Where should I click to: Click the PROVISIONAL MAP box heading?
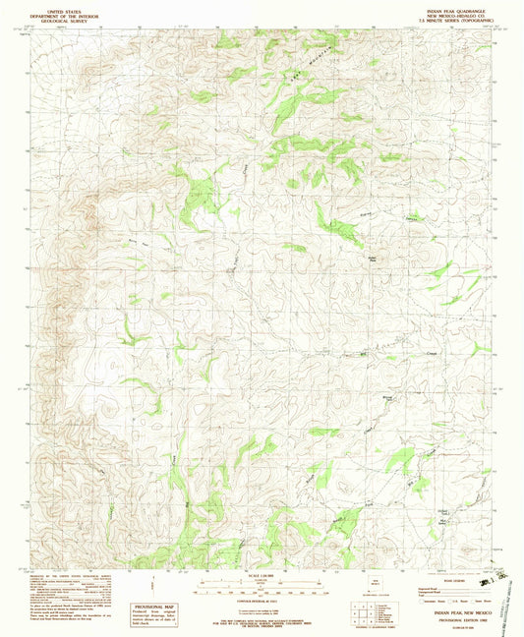pos(151,608)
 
